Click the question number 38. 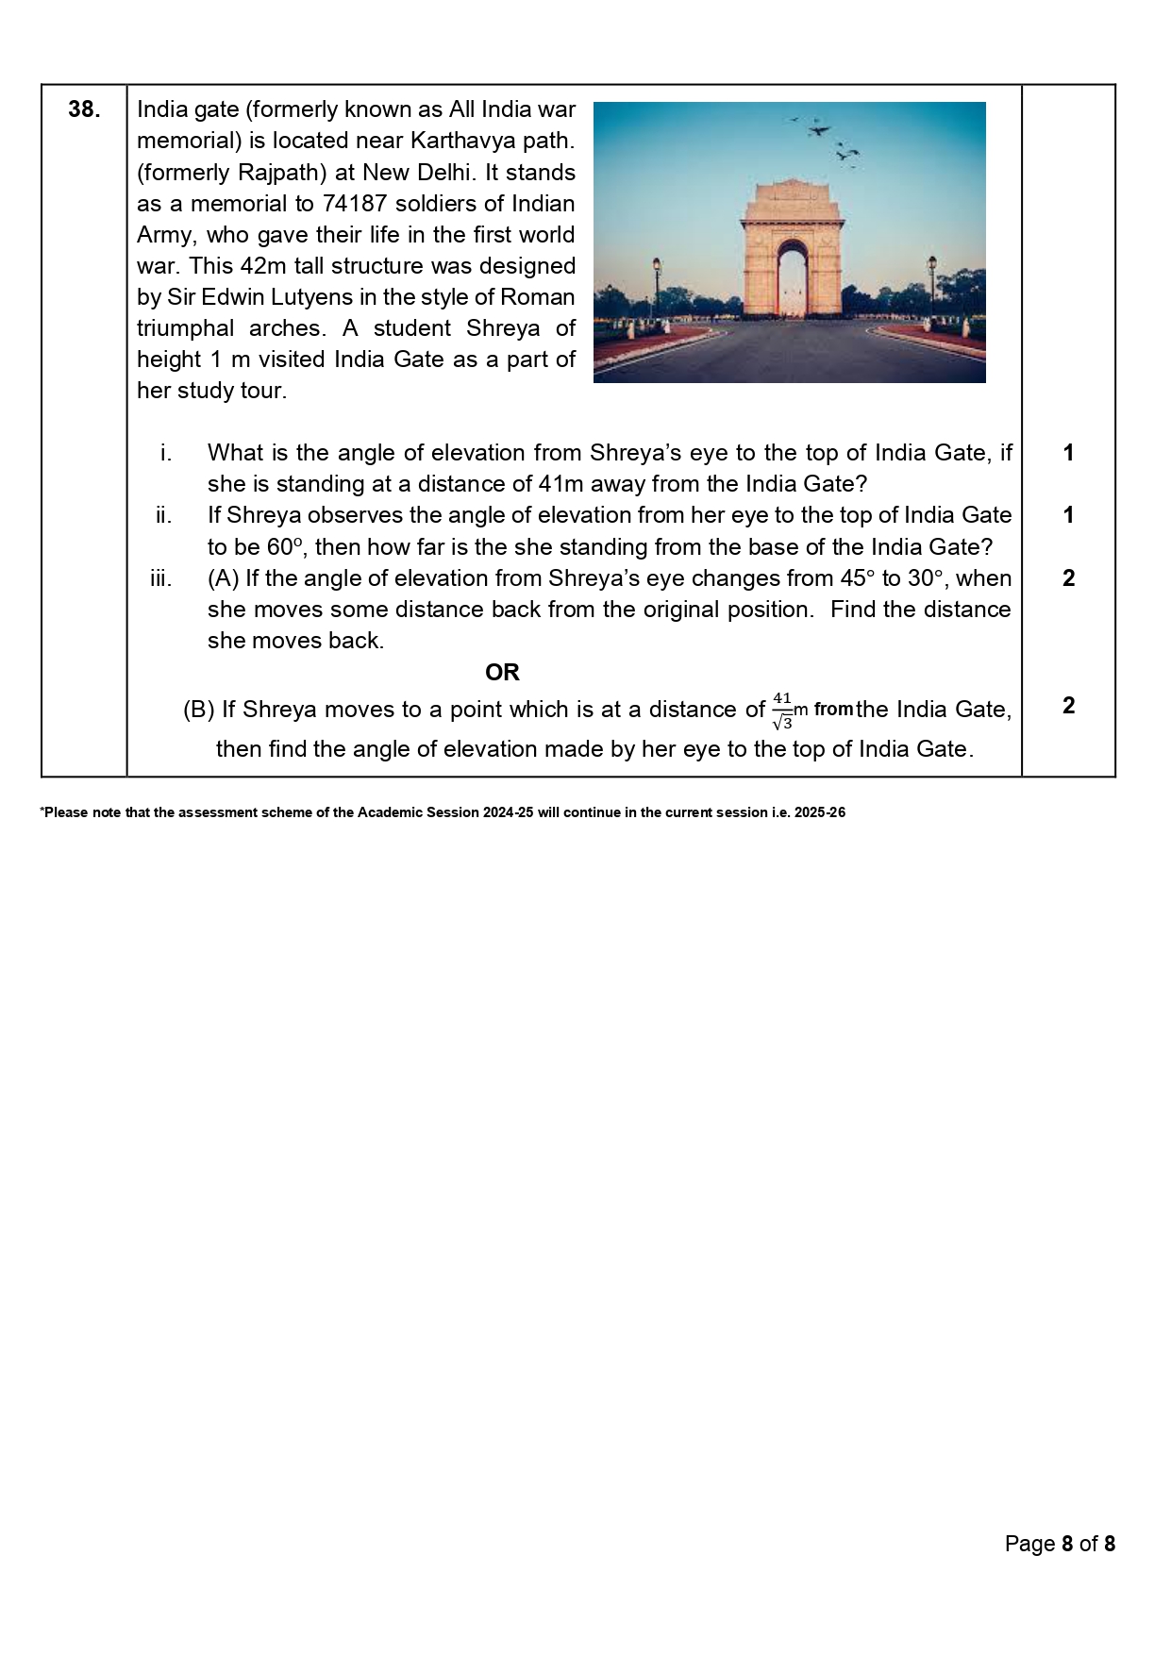(x=84, y=109)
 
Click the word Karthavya (x=460, y=141)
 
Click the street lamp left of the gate (x=657, y=283)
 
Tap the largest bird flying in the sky (x=820, y=130)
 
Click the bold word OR (x=502, y=672)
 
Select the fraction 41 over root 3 (x=782, y=711)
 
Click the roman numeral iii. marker (x=161, y=577)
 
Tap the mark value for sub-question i (x=1068, y=453)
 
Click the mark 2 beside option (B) (x=1068, y=705)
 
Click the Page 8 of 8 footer (x=1060, y=1543)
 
